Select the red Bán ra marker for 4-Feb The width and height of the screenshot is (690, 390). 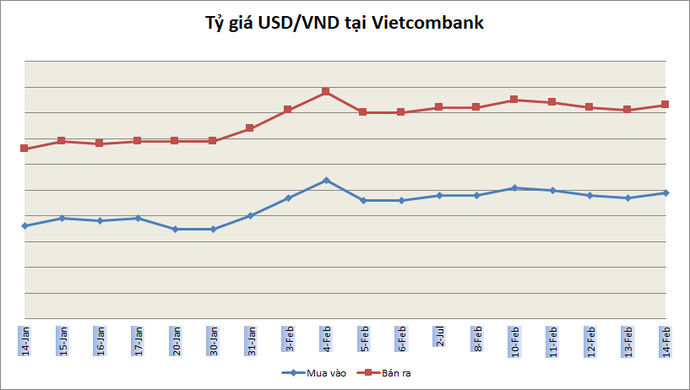coord(325,92)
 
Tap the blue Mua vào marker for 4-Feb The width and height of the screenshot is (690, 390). coord(325,181)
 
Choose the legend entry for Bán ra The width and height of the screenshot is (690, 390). coord(383,372)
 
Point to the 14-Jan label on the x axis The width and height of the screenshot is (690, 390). coord(24,337)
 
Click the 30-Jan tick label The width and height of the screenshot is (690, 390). coord(213,337)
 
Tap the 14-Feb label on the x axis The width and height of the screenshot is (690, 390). coord(666,337)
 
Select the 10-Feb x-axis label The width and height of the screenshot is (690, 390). coord(514,337)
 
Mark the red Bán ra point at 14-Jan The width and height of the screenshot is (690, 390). coord(24,149)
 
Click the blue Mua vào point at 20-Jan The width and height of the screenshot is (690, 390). coord(175,229)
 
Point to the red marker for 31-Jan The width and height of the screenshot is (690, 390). coord(250,128)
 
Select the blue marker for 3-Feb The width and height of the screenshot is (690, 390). coord(288,198)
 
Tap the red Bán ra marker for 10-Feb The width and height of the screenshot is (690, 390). coord(514,100)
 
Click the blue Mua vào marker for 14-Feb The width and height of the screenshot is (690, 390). coord(666,193)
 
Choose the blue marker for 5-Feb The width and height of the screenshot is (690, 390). coord(363,201)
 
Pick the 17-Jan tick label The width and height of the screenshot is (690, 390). coord(138,337)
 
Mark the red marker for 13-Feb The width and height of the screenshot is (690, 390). coord(628,110)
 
